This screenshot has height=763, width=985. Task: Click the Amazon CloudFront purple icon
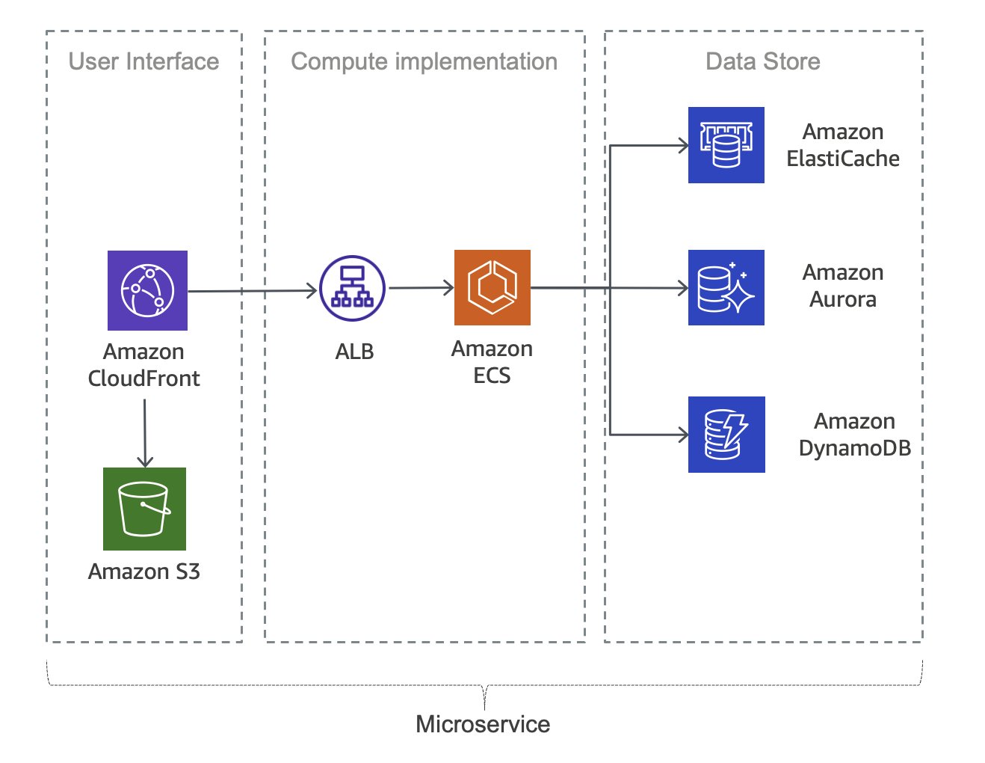[147, 290]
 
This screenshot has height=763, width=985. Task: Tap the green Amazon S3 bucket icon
[144, 509]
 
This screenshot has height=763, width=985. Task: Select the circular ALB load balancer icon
[352, 289]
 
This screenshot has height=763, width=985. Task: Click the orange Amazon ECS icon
[492, 287]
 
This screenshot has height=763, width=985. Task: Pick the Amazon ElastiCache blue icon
[726, 145]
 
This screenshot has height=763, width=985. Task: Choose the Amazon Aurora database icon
[726, 287]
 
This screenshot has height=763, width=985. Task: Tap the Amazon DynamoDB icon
[726, 434]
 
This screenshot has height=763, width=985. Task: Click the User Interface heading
[143, 61]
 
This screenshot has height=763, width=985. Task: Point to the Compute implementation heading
[424, 61]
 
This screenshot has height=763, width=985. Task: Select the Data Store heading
[762, 61]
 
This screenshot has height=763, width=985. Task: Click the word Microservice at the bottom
[483, 724]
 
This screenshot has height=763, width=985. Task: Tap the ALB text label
[354, 352]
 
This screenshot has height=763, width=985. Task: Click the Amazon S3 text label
[144, 572]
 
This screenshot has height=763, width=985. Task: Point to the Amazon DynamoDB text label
[854, 435]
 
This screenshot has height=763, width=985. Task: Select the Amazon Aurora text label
[843, 286]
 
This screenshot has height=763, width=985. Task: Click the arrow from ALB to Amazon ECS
[421, 287]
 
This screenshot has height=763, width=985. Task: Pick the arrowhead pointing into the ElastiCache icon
[683, 146]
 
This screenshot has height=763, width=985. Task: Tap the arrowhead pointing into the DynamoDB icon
[683, 434]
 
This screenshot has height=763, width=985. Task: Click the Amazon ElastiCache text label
[843, 145]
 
